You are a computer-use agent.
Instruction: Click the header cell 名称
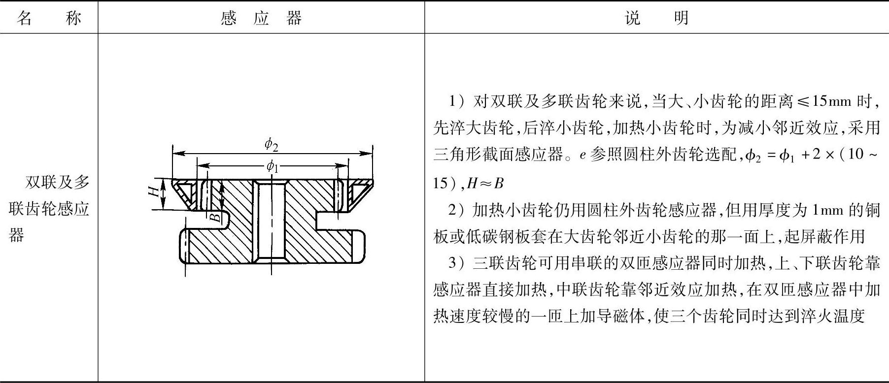pyautogui.click(x=49, y=18)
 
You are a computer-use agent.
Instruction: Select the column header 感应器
pyautogui.click(x=261, y=18)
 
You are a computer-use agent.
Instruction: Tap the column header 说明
pyautogui.click(x=656, y=18)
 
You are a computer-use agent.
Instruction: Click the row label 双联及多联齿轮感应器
pyautogui.click(x=49, y=209)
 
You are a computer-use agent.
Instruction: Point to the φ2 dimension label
pyautogui.click(x=272, y=144)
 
